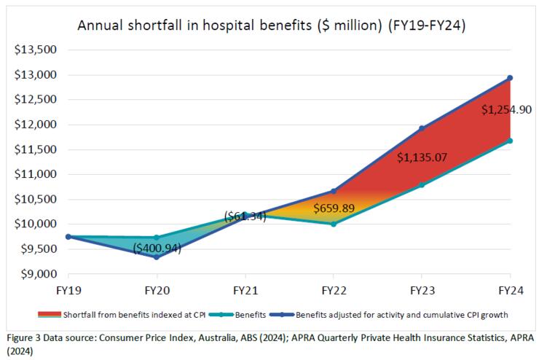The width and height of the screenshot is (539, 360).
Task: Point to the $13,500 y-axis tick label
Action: (x=36, y=50)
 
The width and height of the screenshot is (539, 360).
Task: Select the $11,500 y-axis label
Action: (x=36, y=150)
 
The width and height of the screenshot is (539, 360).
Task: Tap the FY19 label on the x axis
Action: (x=68, y=290)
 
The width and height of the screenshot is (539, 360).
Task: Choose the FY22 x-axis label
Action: (x=334, y=290)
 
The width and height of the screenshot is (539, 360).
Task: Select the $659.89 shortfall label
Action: (x=334, y=208)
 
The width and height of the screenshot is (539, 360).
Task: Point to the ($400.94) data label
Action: (x=157, y=249)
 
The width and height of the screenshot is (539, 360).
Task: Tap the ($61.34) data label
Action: (x=245, y=216)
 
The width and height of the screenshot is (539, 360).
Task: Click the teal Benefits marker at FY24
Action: (x=510, y=141)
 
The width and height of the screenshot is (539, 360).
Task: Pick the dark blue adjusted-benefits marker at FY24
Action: (x=510, y=78)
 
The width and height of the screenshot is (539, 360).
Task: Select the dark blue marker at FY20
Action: (x=157, y=257)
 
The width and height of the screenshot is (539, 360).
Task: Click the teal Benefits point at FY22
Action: (x=334, y=224)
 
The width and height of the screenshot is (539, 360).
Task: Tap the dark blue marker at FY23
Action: (x=421, y=129)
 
